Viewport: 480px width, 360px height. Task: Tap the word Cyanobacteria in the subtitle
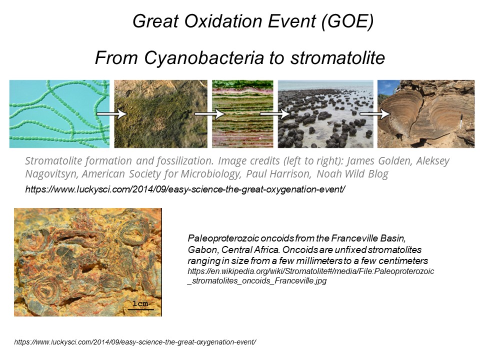click(204, 57)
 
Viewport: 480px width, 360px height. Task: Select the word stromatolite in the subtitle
click(337, 57)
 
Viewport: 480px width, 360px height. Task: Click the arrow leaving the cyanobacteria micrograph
click(111, 114)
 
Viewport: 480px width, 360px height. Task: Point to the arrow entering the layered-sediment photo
click(210, 114)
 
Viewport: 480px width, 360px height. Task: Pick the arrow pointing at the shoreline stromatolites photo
click(275, 114)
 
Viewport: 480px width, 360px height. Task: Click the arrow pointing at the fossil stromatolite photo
click(374, 114)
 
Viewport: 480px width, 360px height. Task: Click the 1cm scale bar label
click(140, 303)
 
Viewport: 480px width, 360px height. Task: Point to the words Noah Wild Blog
click(352, 174)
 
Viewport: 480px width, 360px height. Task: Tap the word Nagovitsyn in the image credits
click(51, 174)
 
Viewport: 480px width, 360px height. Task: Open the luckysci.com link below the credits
click(185, 189)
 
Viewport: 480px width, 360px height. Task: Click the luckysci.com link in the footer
click(135, 342)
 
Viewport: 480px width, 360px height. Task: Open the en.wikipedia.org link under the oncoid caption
click(310, 276)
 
